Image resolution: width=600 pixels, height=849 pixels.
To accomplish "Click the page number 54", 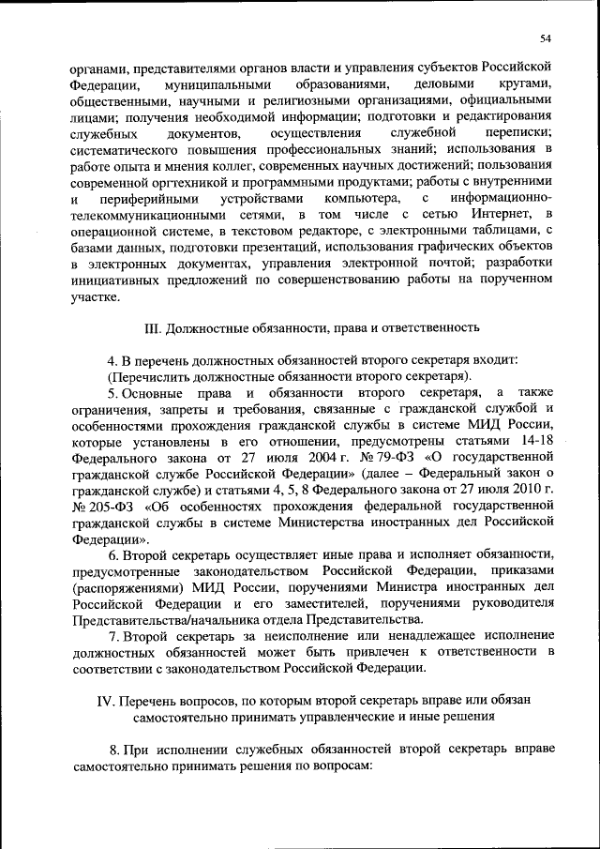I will tap(547, 38).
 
